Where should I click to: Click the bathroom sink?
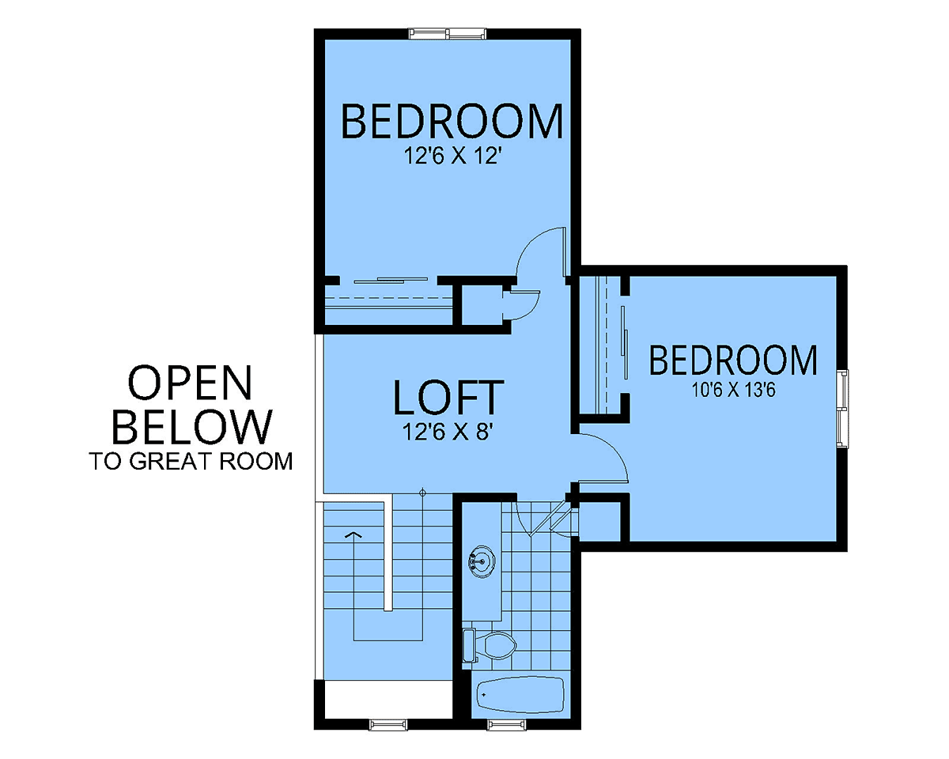click(482, 561)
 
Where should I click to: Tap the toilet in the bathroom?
click(490, 646)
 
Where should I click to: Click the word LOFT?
click(448, 398)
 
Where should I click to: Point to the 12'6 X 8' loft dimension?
click(447, 432)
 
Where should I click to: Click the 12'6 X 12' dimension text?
click(453, 156)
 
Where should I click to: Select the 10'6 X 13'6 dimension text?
click(733, 390)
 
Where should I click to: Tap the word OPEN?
click(190, 383)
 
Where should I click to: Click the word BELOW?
click(192, 426)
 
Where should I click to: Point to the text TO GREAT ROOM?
click(191, 461)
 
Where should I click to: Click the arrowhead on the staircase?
click(354, 535)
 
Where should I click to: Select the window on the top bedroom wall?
click(447, 33)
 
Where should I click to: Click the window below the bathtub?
click(507, 726)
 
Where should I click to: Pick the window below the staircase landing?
click(388, 726)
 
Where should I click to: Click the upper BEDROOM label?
click(452, 120)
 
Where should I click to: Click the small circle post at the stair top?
click(422, 493)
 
